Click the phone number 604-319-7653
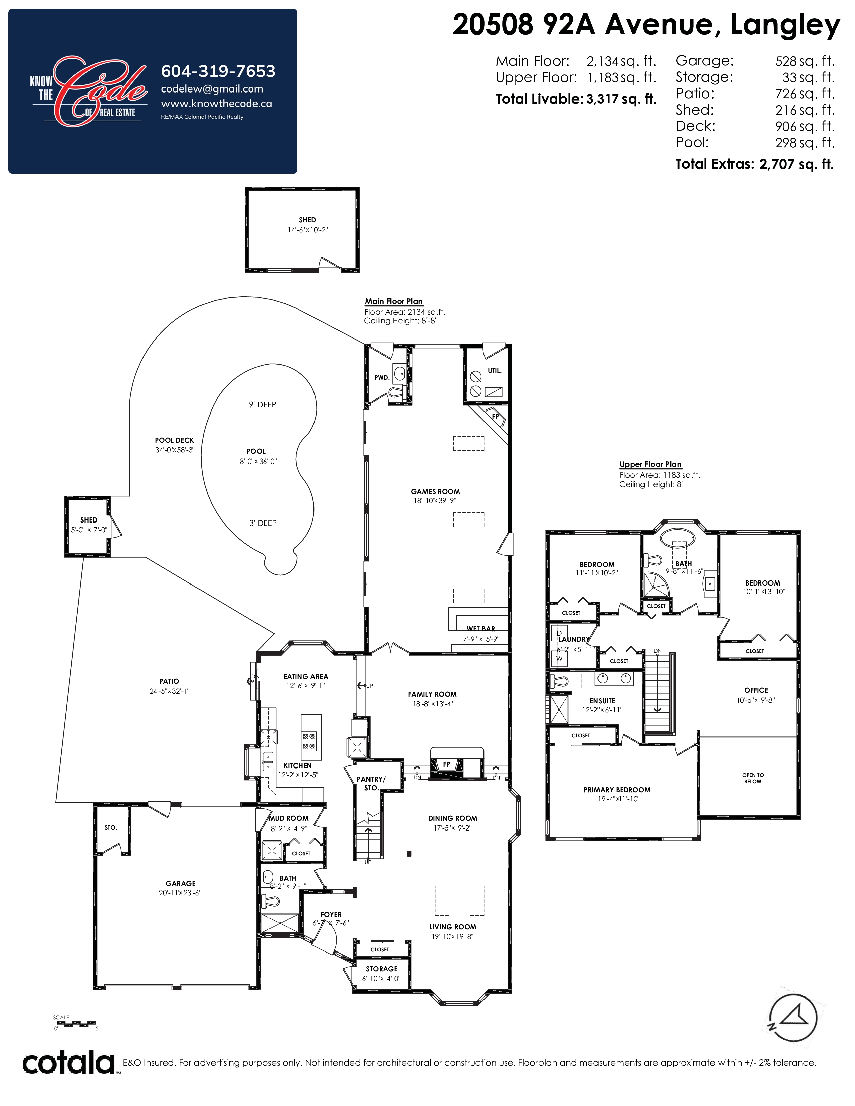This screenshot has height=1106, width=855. tap(218, 71)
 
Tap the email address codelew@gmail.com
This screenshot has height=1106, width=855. tap(212, 89)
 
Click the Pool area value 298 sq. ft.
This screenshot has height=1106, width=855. tap(805, 143)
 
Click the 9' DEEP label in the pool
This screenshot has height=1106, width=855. tap(263, 404)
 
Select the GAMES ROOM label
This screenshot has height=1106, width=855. tap(436, 491)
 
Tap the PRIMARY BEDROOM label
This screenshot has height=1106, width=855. tap(617, 790)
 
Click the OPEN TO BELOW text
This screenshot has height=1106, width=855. tap(753, 778)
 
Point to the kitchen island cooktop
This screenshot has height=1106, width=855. tap(309, 741)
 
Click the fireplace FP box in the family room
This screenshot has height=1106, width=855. tap(446, 765)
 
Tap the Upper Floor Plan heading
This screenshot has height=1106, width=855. tap(650, 465)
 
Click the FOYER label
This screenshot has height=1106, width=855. tap(331, 915)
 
